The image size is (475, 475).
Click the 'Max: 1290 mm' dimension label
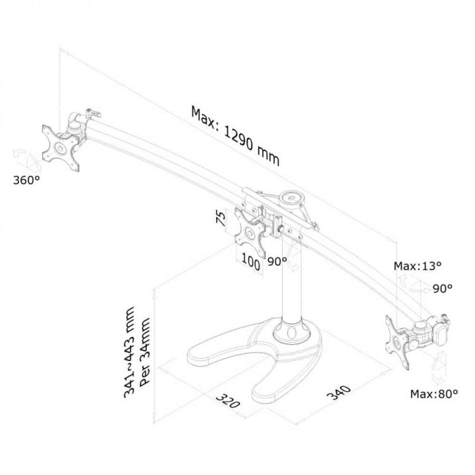235,135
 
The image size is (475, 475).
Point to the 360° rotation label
26,180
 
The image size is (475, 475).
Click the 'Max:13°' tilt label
418,266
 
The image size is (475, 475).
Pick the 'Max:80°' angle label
434,394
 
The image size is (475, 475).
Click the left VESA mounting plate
60,147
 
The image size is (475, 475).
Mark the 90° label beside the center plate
277,261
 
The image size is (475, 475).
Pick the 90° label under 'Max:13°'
442,288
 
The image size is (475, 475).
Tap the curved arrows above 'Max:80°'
439,368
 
